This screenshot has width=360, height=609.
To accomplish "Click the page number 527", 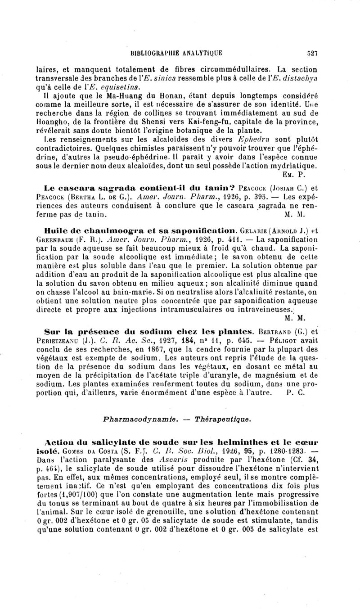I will coord(312,53).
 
